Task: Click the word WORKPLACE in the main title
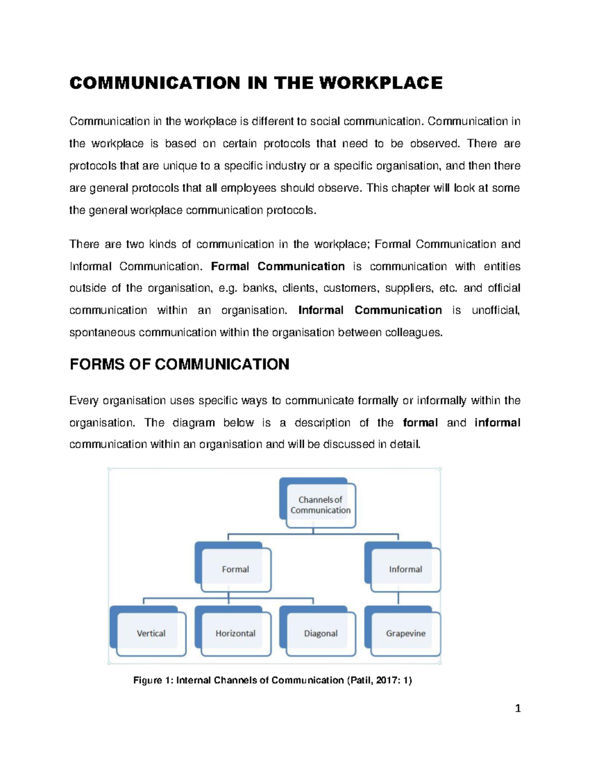381,83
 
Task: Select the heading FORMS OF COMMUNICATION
179,365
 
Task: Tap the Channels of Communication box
321,505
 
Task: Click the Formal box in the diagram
236,569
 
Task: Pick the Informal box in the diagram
405,569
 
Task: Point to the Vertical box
151,633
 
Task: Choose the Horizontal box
236,633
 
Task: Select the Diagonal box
321,633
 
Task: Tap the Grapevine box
405,633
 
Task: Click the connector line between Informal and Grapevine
398,598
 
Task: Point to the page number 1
517,708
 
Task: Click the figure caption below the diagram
272,680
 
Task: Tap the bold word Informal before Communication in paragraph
321,310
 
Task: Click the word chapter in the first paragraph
410,188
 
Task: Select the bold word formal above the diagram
420,423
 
